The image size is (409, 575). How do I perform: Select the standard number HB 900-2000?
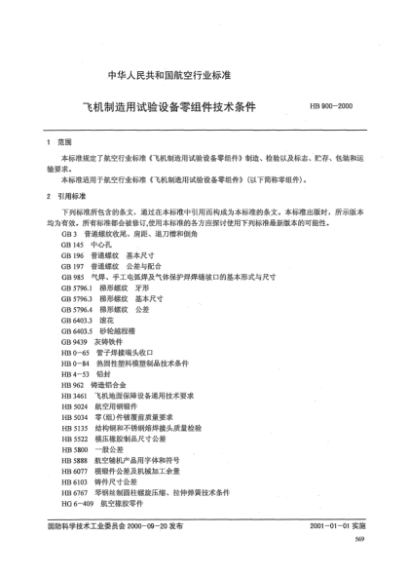tap(331, 106)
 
